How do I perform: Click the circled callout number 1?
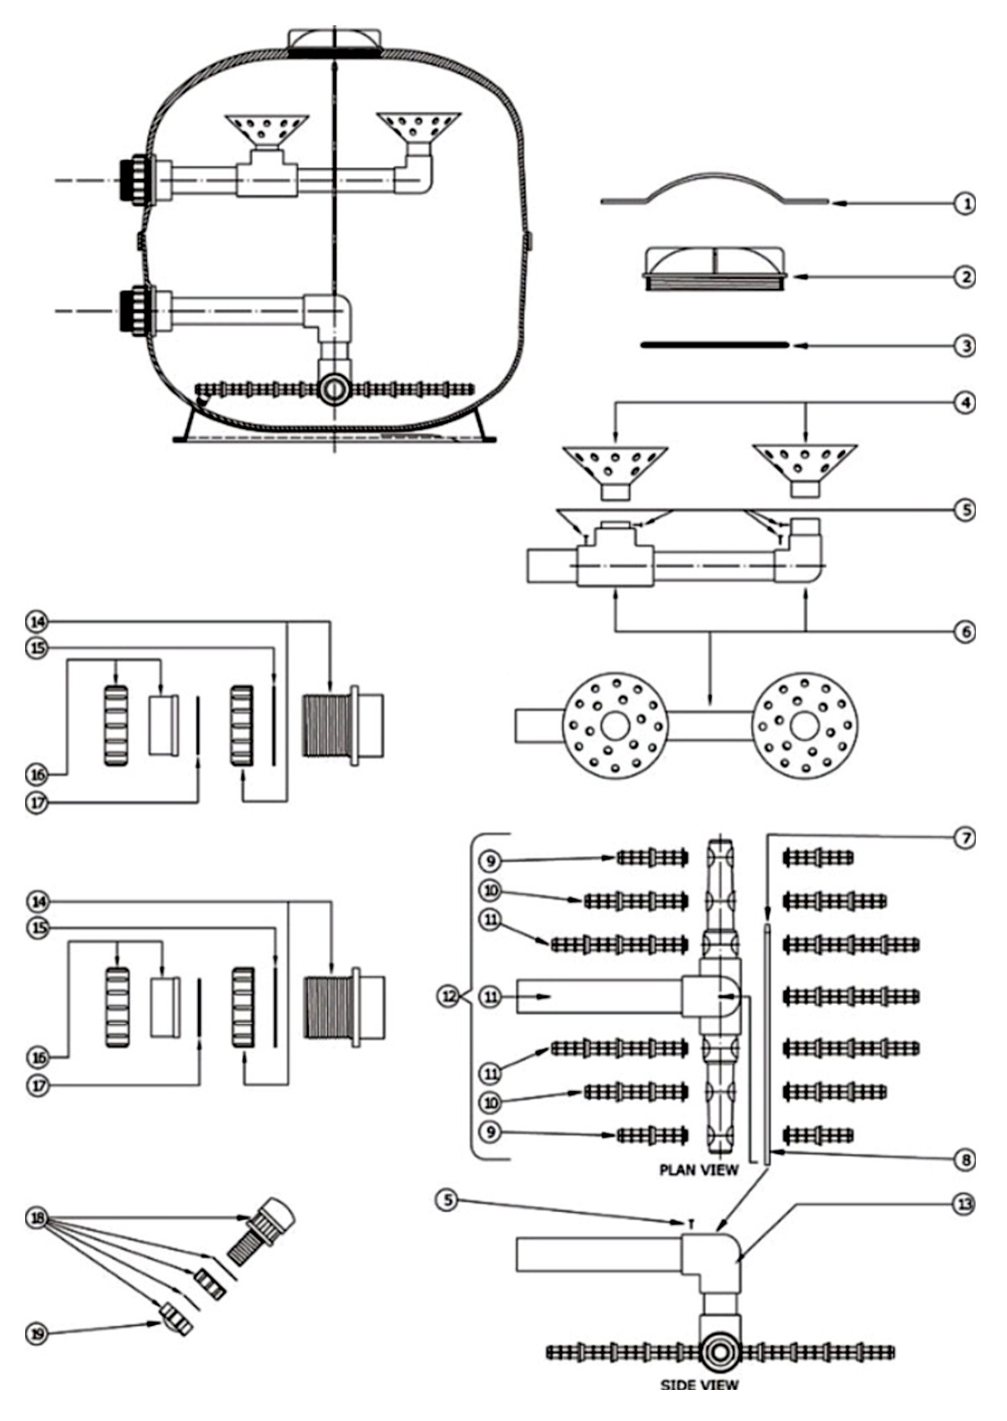pos(964,204)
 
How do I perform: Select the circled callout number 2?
pos(964,277)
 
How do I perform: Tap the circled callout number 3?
pos(964,346)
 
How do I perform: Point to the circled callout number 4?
pos(964,403)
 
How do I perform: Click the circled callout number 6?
pos(964,631)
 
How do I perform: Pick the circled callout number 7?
pos(964,838)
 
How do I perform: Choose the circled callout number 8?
pos(964,1160)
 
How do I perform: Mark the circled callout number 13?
pos(964,1204)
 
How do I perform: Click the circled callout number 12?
pos(448,996)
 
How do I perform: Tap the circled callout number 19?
pos(37,1334)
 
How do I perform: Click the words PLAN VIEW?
pos(699,1170)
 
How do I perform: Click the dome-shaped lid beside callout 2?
pos(716,269)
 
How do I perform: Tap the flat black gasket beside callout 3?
pos(715,345)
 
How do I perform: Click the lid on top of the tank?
pos(334,43)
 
